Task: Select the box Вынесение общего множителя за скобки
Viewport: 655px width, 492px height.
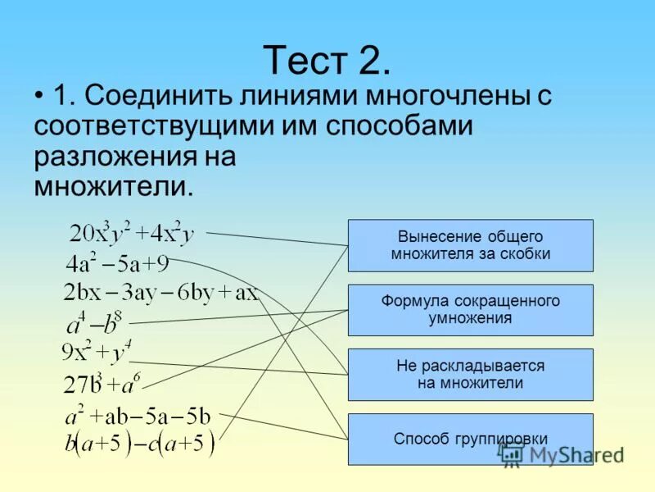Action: [x=470, y=245]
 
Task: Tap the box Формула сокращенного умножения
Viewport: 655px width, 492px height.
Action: [x=470, y=310]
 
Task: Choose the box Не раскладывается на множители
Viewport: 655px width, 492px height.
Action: [x=470, y=375]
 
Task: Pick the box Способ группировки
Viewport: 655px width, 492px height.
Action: [x=470, y=440]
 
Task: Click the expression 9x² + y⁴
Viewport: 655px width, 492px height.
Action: [x=97, y=353]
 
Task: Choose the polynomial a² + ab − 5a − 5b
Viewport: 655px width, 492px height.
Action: [x=138, y=416]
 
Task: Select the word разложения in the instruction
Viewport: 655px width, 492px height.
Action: [x=110, y=157]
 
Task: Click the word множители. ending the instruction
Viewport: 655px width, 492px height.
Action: [x=115, y=186]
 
